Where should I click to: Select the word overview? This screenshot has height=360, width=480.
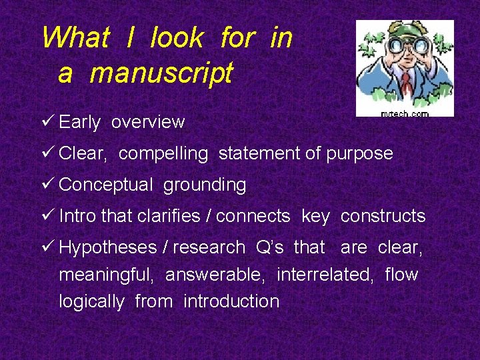pyautogui.click(x=148, y=122)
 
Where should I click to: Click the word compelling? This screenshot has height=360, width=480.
pyautogui.click(x=163, y=153)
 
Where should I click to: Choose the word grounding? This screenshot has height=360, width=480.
pyautogui.click(x=205, y=185)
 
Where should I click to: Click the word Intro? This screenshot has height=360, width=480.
pyautogui.click(x=77, y=216)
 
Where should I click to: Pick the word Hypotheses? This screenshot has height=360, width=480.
pyautogui.click(x=107, y=247)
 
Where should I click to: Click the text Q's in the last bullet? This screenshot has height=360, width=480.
pyautogui.click(x=270, y=247)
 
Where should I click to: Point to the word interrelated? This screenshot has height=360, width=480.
pyautogui.click(x=325, y=275)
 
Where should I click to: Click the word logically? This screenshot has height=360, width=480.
pyautogui.click(x=91, y=301)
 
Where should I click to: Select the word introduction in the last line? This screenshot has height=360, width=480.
pyautogui.click(x=231, y=301)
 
